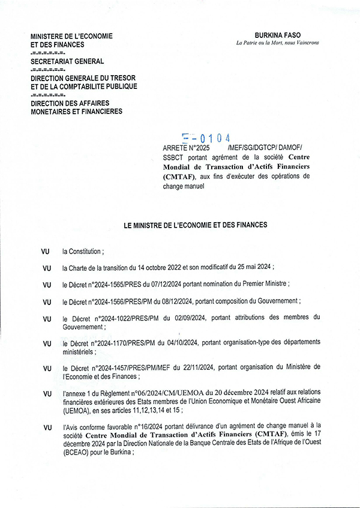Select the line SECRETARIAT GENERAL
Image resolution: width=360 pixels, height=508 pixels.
67,61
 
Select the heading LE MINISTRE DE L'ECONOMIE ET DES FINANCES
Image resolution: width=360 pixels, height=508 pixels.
195,225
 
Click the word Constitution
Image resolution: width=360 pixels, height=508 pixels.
86,252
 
